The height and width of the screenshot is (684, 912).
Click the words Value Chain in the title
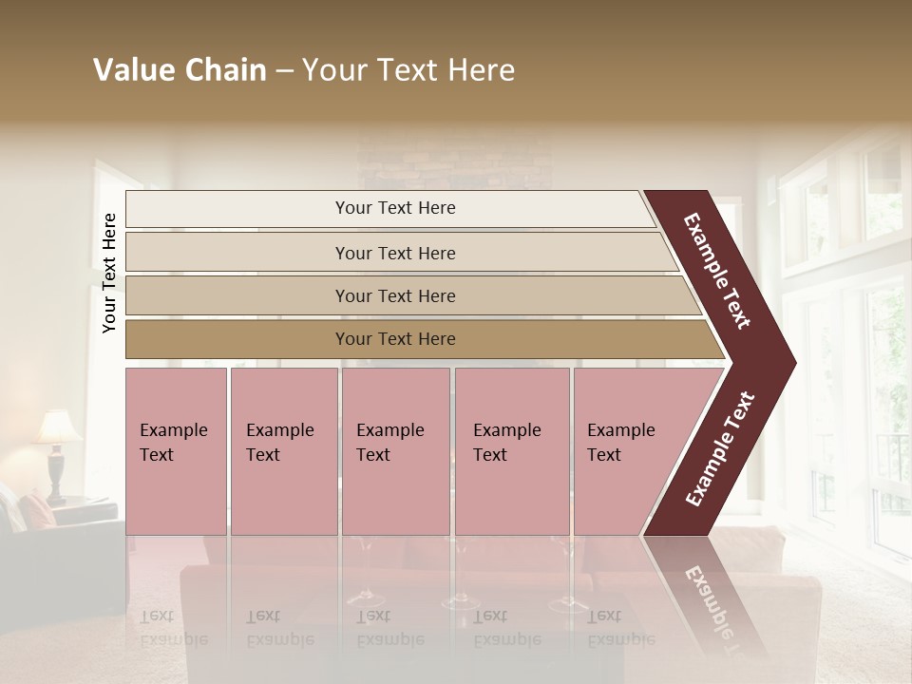point(180,70)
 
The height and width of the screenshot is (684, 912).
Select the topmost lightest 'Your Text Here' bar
point(394,208)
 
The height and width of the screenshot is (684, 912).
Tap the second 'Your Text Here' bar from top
point(394,253)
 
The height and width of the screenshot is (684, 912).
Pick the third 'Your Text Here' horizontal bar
point(394,295)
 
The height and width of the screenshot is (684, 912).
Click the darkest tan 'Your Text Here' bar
point(394,339)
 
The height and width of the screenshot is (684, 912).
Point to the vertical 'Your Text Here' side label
point(109,273)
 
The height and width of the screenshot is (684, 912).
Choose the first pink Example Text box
point(176,450)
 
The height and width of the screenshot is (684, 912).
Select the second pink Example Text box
point(283,450)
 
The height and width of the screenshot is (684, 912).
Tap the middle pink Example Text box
point(395,450)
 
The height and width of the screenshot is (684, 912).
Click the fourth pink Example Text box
point(511,450)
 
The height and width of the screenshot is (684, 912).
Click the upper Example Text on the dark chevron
point(717,271)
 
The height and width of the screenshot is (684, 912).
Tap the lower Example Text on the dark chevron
point(720,448)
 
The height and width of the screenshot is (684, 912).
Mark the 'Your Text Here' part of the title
point(408,70)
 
